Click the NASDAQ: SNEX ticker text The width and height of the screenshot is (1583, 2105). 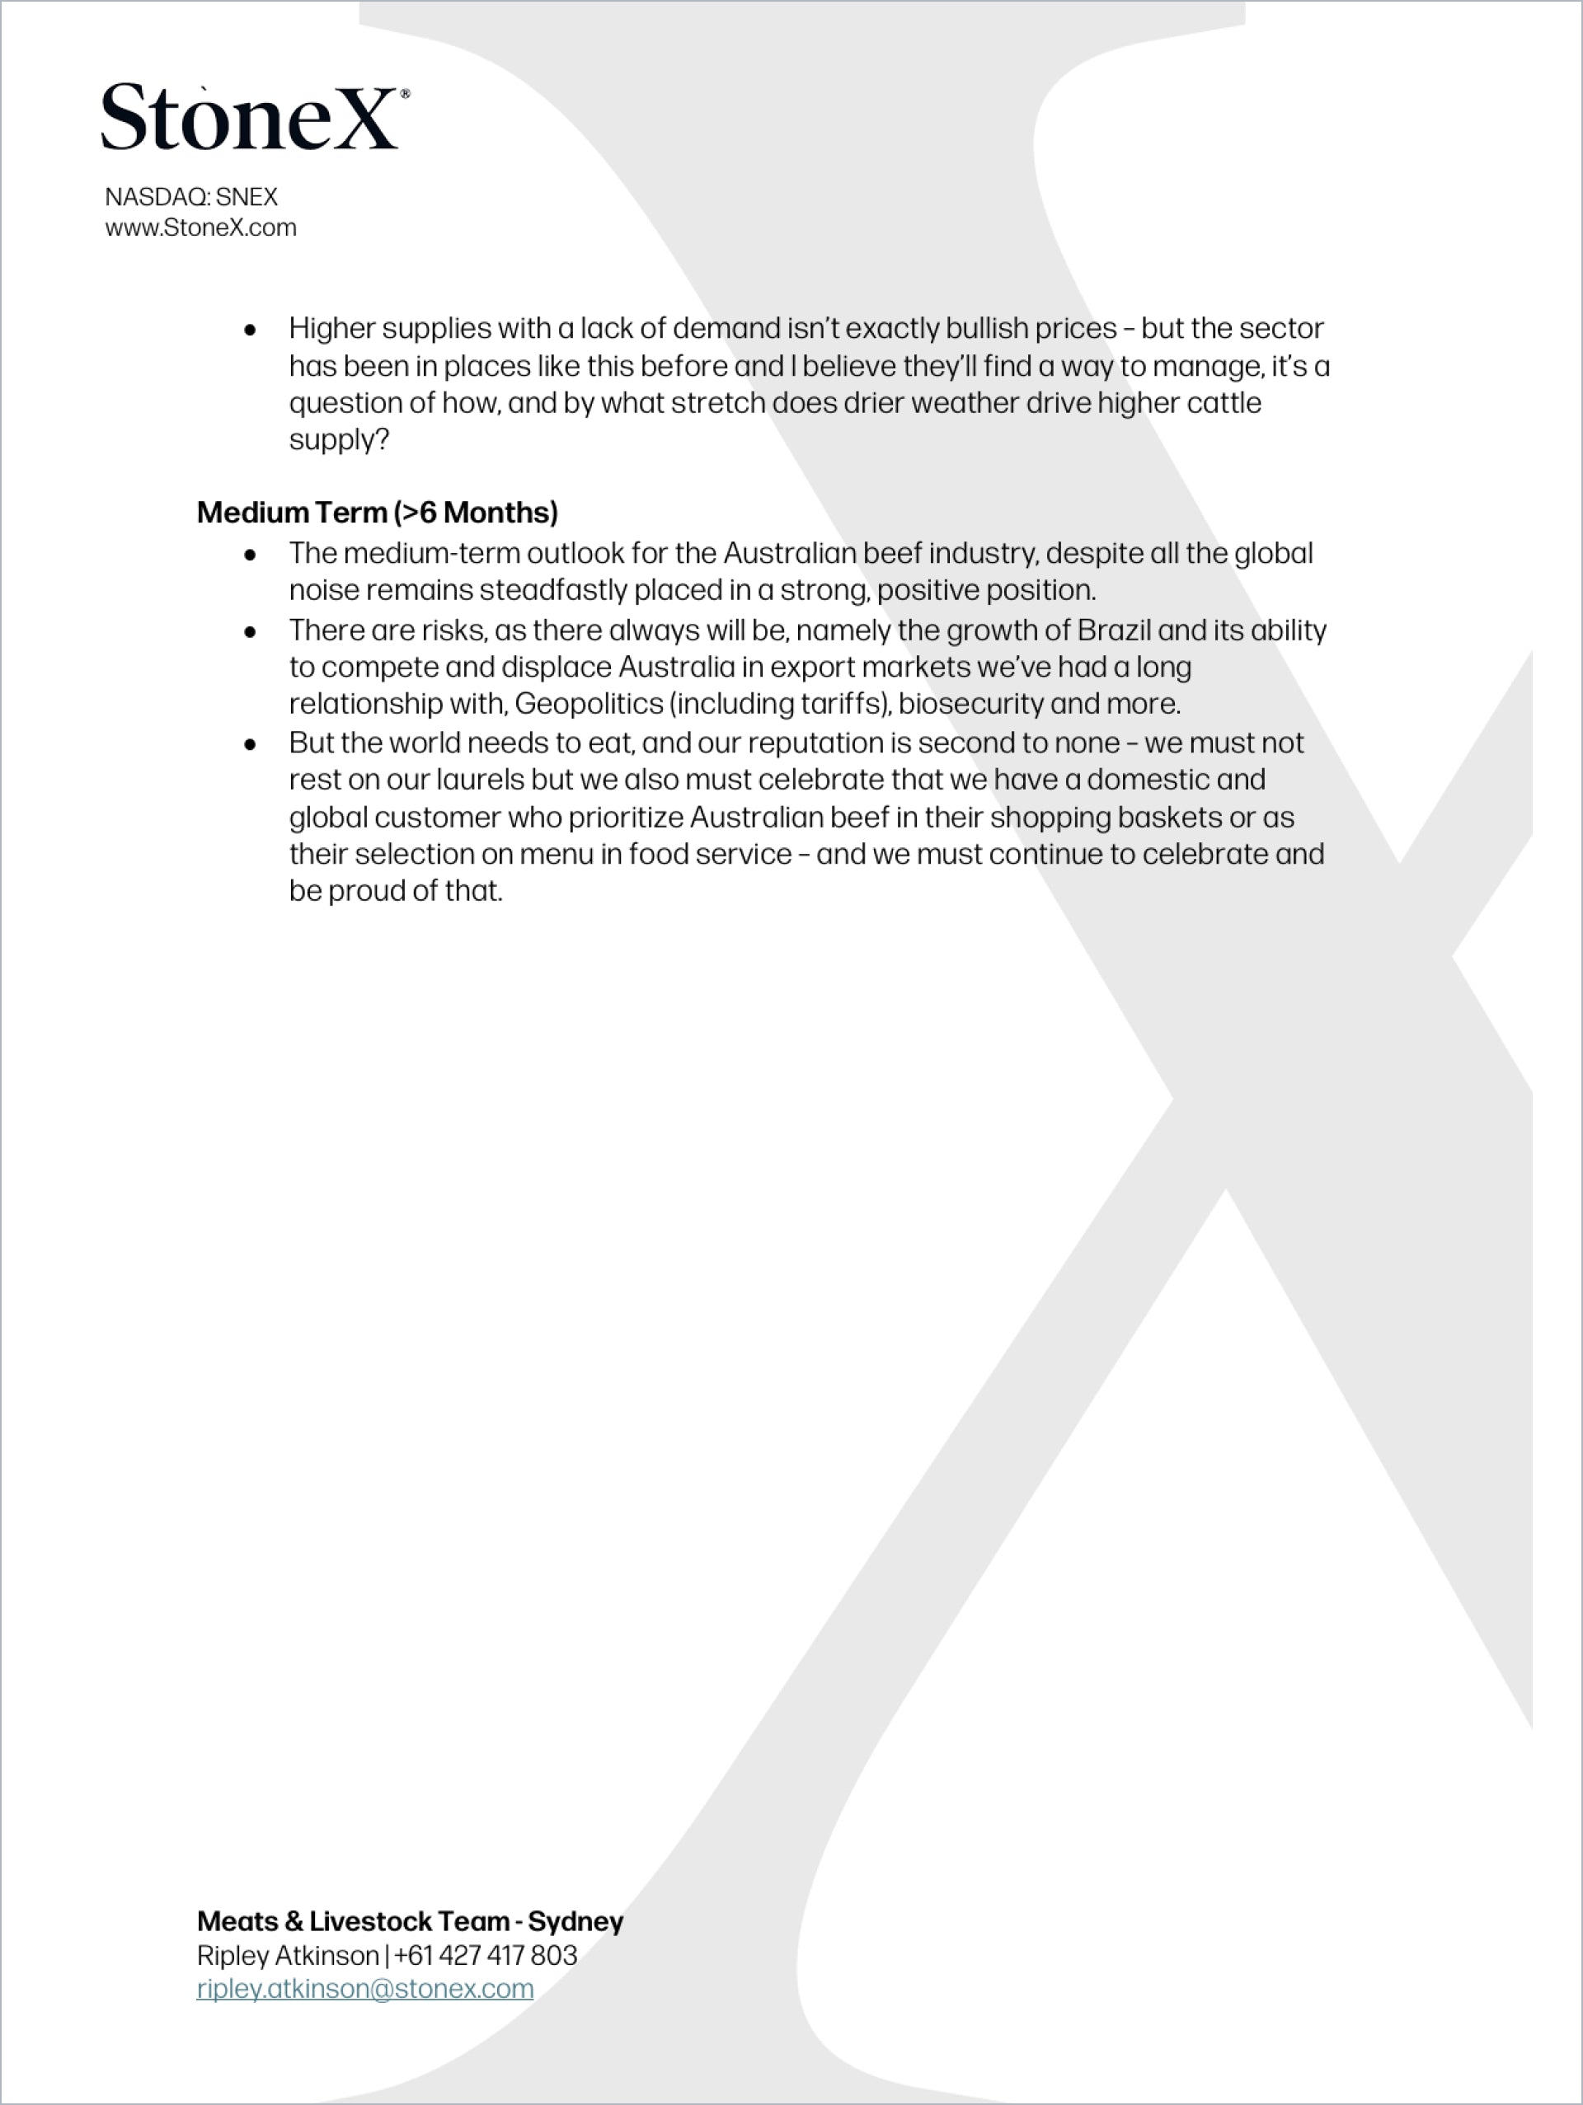pyautogui.click(x=191, y=197)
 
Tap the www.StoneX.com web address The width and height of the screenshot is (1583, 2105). pyautogui.click(x=201, y=228)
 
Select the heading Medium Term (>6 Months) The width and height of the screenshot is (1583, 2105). pyautogui.click(x=377, y=512)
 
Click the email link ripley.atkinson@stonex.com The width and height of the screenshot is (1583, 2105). pyautogui.click(x=364, y=1988)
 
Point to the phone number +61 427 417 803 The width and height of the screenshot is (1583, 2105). pyautogui.click(x=486, y=1955)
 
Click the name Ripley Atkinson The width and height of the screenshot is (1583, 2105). pyautogui.click(x=288, y=1955)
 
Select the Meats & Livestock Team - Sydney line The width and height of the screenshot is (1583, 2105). pyautogui.click(x=409, y=1920)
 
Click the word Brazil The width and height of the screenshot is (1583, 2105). pyautogui.click(x=1114, y=630)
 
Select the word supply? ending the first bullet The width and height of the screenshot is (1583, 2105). pyautogui.click(x=339, y=439)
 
